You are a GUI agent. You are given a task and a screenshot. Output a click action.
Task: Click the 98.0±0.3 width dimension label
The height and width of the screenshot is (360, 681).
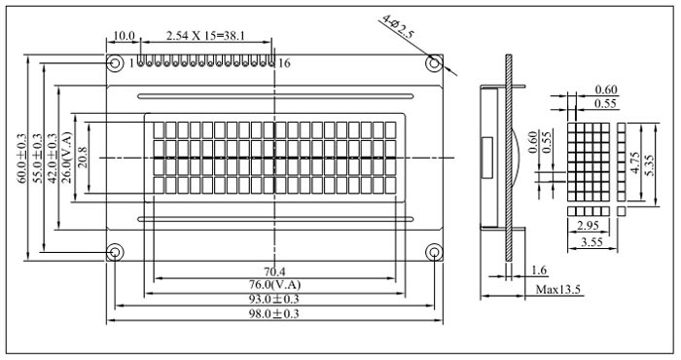pyautogui.click(x=273, y=313)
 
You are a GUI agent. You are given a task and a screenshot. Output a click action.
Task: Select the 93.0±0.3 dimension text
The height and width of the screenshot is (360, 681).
pyautogui.click(x=273, y=300)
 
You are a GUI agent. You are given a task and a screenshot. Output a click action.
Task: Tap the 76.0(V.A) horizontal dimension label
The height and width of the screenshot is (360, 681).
pyautogui.click(x=274, y=285)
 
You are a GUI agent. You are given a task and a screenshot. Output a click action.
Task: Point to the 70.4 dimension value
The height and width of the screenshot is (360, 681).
pyautogui.click(x=275, y=271)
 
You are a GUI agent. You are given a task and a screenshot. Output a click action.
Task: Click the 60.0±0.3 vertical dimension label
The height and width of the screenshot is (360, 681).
pyautogui.click(x=22, y=159)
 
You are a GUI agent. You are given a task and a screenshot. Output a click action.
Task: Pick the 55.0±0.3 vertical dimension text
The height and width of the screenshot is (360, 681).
pyautogui.click(x=38, y=159)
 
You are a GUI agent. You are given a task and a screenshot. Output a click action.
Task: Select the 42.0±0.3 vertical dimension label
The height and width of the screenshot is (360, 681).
pyautogui.click(x=53, y=159)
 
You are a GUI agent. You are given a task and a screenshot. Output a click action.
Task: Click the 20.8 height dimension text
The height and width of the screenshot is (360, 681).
pyautogui.click(x=82, y=158)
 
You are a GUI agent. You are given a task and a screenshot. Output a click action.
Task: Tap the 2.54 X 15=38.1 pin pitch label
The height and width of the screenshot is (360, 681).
pyautogui.click(x=205, y=36)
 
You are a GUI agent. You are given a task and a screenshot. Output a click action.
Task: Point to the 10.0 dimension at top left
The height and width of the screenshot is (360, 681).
pyautogui.click(x=124, y=36)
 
